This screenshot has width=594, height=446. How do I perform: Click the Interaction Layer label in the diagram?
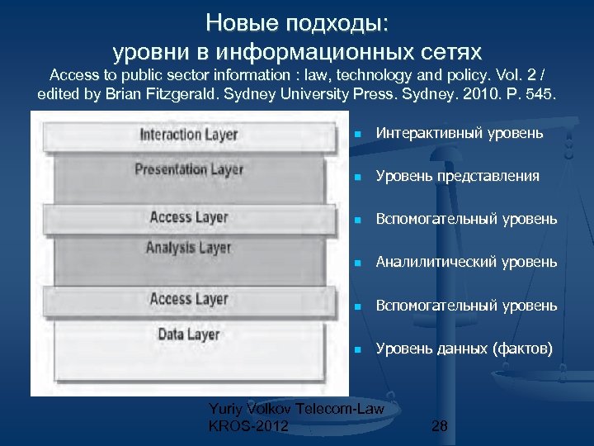tap(189, 135)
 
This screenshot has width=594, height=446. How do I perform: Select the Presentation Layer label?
tap(189, 169)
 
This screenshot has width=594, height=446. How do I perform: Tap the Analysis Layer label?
tap(189, 247)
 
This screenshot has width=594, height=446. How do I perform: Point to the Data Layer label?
tap(189, 334)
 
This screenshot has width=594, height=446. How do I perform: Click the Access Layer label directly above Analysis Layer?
tap(189, 217)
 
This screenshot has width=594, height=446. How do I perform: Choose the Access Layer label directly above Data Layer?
tap(189, 298)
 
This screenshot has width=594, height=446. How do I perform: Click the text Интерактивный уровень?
tap(459, 133)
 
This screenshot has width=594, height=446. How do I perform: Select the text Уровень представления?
tap(457, 176)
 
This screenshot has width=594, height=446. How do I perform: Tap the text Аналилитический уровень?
tap(466, 262)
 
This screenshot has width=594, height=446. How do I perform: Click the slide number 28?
tap(440, 426)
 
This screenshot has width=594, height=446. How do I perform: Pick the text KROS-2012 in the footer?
tap(249, 426)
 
